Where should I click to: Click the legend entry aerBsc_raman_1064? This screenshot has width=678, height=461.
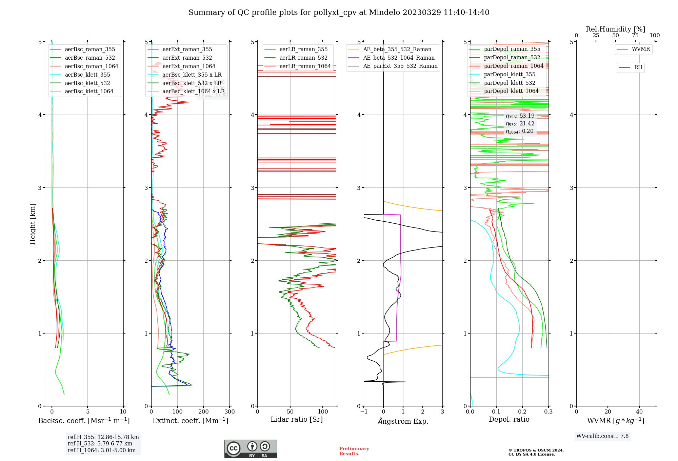pos(92,66)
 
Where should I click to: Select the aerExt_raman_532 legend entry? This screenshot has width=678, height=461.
pos(187,58)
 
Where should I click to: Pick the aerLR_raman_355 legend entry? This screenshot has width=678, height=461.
pos(303,49)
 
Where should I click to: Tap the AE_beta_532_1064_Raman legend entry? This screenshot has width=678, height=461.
pos(399,58)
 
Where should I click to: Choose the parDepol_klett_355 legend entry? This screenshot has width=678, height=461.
pos(510,74)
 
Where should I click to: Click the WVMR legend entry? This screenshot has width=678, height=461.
pos(641,49)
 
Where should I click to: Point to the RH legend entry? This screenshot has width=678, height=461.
pos(638,67)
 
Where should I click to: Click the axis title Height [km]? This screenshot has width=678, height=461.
pos(33,224)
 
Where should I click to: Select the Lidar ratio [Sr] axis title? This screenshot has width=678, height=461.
pos(297,419)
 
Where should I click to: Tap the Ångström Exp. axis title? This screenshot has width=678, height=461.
pos(403,421)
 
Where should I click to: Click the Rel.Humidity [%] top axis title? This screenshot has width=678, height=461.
pos(615,29)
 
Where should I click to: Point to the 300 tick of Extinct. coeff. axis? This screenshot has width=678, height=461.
pos(230,412)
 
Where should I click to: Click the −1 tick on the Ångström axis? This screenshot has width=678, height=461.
pos(364,412)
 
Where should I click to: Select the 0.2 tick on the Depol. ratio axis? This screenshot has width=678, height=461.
pos(522,412)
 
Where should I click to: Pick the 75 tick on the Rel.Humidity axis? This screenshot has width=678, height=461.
pos(635,36)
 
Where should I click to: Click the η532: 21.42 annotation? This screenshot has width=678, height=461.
pos(520,124)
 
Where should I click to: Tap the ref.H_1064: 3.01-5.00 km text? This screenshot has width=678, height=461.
pos(102,450)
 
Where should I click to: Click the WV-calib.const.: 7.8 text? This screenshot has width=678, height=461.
pos(602,436)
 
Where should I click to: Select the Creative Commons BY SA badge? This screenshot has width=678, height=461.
pos(251,449)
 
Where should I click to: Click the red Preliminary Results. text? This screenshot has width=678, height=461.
pos(354,451)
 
